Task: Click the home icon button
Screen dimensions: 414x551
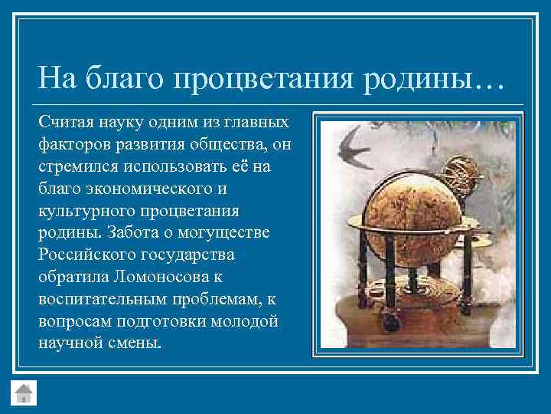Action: click(x=24, y=391)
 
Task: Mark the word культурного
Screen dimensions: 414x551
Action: click(x=83, y=210)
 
